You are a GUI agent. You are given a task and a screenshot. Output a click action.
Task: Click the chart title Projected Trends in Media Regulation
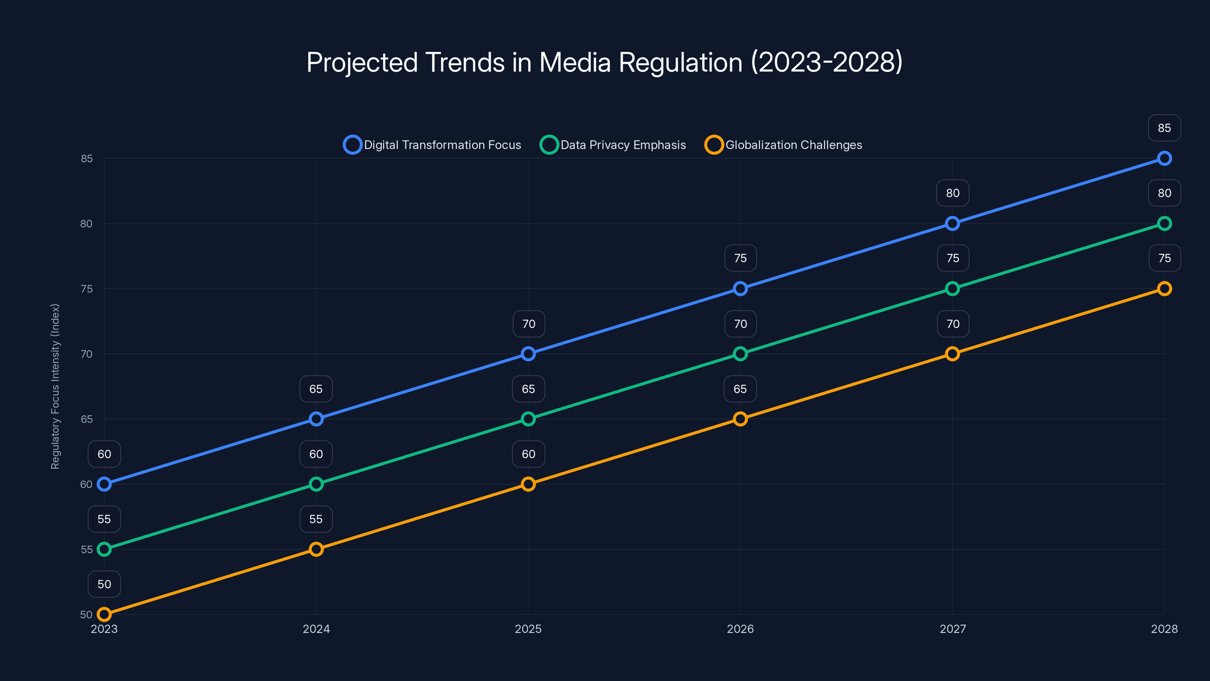coord(605,62)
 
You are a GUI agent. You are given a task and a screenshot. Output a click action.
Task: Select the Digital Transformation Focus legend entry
coord(432,145)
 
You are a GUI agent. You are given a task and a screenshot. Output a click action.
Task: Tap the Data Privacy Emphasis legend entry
coord(613,145)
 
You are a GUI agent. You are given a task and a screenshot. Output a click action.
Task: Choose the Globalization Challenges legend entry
coord(783,145)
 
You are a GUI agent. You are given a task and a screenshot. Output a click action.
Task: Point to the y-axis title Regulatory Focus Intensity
coord(56,386)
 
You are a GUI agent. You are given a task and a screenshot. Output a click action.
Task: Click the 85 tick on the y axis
coord(87,159)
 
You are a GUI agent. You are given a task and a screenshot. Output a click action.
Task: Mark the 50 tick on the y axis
coord(87,615)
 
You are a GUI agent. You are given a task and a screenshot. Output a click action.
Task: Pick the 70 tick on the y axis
coord(87,354)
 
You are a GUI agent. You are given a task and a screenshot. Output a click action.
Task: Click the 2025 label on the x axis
coord(528,629)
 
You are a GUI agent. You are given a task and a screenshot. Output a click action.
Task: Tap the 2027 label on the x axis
coord(952,629)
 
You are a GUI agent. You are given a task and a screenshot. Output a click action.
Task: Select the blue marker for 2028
coord(1164,159)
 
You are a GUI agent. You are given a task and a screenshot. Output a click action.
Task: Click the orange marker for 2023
coord(104,614)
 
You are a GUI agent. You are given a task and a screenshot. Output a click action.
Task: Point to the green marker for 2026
coord(740,354)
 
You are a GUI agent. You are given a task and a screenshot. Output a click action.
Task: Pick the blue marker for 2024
coord(316,419)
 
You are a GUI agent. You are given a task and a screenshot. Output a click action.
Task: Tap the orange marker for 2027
coord(952,354)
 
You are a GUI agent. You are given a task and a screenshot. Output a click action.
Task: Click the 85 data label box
coord(1164,128)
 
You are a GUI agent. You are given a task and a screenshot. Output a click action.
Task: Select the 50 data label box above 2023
coord(104,584)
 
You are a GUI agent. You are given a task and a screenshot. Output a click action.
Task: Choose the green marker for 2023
coord(104,549)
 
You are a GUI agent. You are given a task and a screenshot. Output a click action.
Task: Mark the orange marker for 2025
coord(528,484)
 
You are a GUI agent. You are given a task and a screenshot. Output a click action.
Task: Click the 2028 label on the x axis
coord(1164,629)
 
